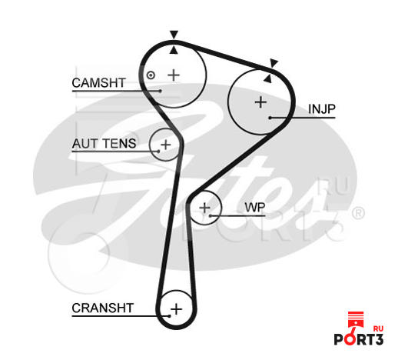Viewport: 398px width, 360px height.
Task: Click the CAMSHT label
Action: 98,83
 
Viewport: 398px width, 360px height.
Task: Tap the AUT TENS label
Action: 104,143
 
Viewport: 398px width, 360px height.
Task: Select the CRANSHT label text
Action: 103,308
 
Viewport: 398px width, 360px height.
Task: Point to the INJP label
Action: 322,109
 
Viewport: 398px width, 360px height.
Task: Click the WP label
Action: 255,207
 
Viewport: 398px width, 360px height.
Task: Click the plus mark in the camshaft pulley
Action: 174,75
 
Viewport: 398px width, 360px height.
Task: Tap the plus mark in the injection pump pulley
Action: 261,102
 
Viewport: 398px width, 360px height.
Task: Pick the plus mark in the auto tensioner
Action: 166,145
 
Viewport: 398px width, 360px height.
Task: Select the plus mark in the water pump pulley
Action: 205,208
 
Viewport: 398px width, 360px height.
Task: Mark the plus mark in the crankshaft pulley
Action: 177,308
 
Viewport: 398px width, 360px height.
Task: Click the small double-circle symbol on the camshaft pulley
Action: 151,75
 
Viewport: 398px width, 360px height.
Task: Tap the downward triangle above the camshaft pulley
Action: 174,35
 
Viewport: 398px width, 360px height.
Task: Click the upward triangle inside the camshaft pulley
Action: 174,51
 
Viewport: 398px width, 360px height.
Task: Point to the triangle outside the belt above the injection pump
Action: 274,63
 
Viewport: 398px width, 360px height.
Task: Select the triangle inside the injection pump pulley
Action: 268,78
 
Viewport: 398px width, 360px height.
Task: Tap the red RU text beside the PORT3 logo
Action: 378,329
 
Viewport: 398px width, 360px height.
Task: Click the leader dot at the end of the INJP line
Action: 270,118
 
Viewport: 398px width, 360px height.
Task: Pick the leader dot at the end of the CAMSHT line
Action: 161,91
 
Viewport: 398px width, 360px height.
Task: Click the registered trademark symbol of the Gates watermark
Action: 357,214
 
